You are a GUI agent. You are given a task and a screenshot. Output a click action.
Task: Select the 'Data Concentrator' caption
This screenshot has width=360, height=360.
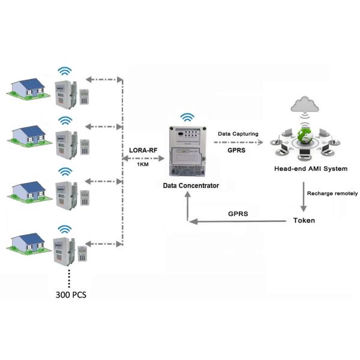191,186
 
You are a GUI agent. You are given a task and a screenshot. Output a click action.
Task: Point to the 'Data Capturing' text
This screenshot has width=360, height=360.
238,134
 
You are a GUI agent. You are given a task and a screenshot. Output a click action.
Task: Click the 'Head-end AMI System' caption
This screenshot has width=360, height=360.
310,169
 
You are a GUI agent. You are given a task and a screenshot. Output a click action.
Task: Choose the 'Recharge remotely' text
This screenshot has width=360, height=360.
332,193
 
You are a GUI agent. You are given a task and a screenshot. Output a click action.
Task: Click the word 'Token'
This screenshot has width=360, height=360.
304,220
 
